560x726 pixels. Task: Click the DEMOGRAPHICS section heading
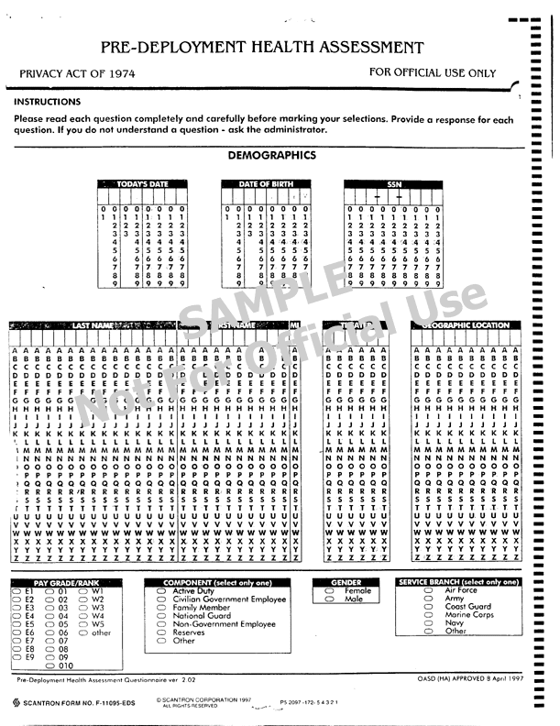271,155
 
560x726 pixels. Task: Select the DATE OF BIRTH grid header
266,184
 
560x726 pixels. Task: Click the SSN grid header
394,184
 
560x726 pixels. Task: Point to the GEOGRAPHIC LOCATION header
466,325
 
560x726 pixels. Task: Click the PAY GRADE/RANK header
66,583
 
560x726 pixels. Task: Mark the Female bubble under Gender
330,591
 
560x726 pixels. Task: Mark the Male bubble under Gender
330,599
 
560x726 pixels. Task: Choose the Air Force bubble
427,591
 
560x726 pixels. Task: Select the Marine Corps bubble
427,615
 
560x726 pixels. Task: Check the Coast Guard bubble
427,607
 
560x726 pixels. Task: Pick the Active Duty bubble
161,591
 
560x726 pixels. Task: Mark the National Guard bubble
161,616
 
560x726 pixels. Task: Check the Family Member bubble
161,608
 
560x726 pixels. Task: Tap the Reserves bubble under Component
161,632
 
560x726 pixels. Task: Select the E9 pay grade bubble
17,657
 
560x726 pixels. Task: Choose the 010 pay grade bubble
51,665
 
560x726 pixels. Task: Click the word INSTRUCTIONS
47,102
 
